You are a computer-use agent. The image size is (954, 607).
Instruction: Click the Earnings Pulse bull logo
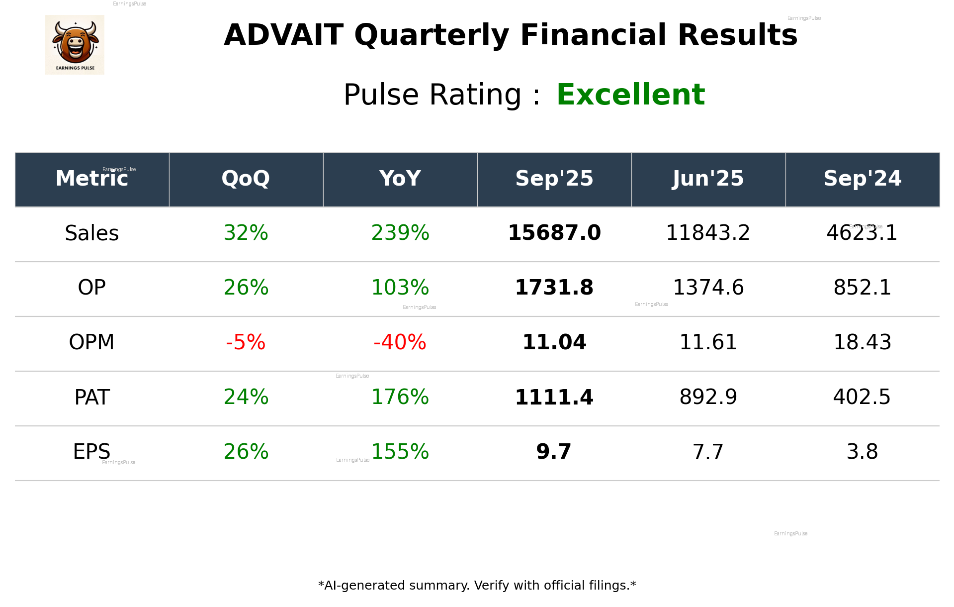pos(75,44)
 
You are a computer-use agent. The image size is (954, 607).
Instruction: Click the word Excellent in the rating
pos(630,95)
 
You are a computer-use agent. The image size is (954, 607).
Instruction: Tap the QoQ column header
pos(246,179)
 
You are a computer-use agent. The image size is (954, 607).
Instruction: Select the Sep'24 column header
pos(862,179)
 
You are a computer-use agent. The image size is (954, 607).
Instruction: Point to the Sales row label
pos(92,233)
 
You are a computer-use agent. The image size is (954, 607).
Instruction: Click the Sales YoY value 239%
pos(400,233)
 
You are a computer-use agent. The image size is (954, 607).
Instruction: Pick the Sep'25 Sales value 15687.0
pos(554,233)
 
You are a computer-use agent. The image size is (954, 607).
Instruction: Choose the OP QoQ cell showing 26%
pos(246,288)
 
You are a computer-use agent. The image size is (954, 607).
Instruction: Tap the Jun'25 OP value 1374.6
pos(708,288)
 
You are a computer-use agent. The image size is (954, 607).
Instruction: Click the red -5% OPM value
pos(246,342)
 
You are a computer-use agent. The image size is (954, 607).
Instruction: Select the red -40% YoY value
pos(400,342)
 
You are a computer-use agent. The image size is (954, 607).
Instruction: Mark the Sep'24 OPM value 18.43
pos(862,342)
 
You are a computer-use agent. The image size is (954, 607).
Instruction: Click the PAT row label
pos(92,398)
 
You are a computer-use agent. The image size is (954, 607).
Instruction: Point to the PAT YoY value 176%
pos(400,397)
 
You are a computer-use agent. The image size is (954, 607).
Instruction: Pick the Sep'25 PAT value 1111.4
pos(554,398)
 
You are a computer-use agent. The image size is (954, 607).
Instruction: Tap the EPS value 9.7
pos(554,452)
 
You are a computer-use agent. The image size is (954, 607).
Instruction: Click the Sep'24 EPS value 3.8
pos(862,452)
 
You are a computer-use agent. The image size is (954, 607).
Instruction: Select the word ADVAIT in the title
pos(283,35)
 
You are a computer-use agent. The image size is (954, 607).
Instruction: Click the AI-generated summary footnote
pos(477,586)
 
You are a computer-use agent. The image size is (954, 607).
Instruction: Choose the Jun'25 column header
pos(708,179)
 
